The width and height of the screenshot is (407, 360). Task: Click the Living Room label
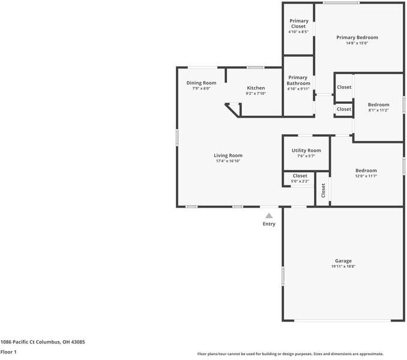pos(228,155)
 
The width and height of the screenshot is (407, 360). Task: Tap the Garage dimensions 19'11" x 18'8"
pos(343,267)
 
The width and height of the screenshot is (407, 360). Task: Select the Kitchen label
pos(255,88)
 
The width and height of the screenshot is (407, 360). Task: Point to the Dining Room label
pos(201,83)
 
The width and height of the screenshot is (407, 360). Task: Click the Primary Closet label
pos(298,23)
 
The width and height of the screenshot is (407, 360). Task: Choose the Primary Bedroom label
pos(357,37)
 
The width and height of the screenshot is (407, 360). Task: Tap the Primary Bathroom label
pos(298,80)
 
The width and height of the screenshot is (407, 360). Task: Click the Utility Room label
pos(306,151)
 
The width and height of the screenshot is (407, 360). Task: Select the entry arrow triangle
pos(269,215)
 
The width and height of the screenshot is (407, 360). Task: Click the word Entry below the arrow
pos(269,224)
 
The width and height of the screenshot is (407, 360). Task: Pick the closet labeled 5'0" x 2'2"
pos(300,181)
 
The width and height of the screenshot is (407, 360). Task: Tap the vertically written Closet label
pos(323,190)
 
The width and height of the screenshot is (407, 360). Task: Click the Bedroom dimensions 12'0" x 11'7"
pos(366,176)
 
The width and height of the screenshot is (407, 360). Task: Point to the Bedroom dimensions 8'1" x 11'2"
pos(378,110)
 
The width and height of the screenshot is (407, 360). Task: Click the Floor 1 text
pos(8,352)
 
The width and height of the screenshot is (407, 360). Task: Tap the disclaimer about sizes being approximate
pos(291,354)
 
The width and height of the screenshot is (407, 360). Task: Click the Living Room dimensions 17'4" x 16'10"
pos(228,161)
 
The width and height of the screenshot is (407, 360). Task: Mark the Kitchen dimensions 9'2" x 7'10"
pos(255,94)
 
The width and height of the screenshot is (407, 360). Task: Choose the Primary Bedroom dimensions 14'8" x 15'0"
pos(357,43)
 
